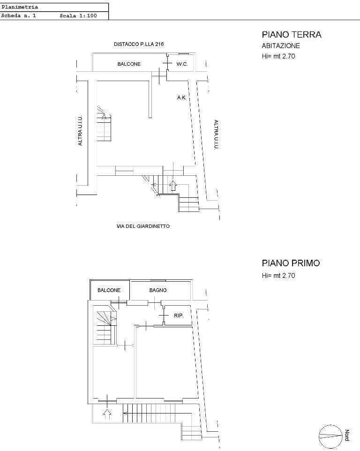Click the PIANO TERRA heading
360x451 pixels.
coord(292,35)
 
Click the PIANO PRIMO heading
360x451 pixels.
coord(291,263)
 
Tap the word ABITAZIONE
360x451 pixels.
coord(281,46)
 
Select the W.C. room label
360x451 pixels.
coord(182,64)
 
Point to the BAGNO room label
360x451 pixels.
coord(158,290)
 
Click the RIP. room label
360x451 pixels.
coord(179,316)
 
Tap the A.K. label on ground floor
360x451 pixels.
coord(182,98)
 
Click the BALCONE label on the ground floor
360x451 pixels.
coord(129,64)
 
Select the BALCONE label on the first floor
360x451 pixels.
coord(109,290)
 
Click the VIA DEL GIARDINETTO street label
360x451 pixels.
coord(143,226)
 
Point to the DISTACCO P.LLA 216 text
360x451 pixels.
coord(139,44)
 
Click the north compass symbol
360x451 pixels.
coord(330,436)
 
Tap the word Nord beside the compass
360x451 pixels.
coord(347,435)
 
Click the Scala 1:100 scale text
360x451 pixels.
coord(78,16)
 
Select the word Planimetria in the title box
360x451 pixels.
coord(20,7)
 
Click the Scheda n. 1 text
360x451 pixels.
coord(18,16)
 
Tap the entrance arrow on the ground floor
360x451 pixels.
coord(172,186)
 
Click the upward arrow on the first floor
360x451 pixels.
coord(107,413)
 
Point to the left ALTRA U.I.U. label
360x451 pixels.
coord(80,130)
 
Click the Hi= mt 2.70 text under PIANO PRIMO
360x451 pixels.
coord(278,276)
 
